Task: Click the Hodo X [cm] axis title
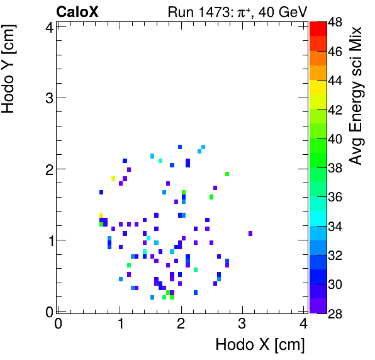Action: (260, 344)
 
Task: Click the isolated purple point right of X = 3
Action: (250, 233)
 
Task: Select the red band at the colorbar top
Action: (317, 28)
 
